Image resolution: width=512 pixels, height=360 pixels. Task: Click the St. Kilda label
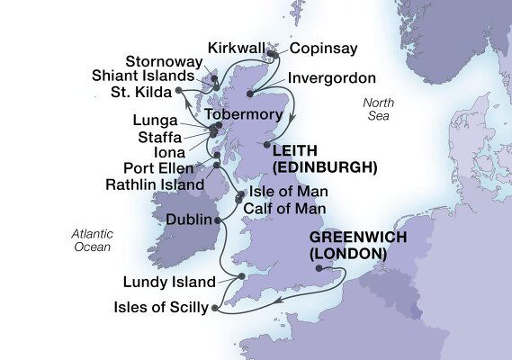[139, 90]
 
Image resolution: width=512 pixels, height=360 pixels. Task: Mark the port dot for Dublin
[218, 220]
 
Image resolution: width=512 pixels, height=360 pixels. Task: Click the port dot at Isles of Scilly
[214, 310]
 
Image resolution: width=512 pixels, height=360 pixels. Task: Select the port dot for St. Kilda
[179, 90]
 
